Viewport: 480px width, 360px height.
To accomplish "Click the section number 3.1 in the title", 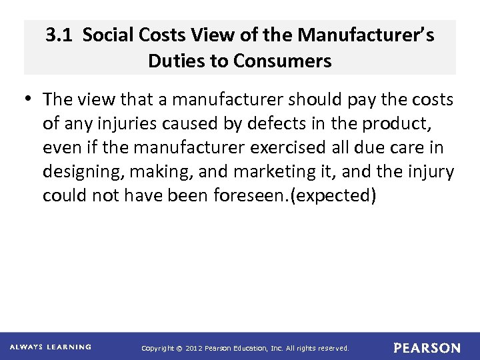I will coord(60,35).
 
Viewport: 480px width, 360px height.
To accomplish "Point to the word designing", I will coord(84,172).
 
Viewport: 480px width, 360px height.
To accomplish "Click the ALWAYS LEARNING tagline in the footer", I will coord(51,347).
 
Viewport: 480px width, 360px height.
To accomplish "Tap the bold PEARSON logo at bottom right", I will coord(427,348).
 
